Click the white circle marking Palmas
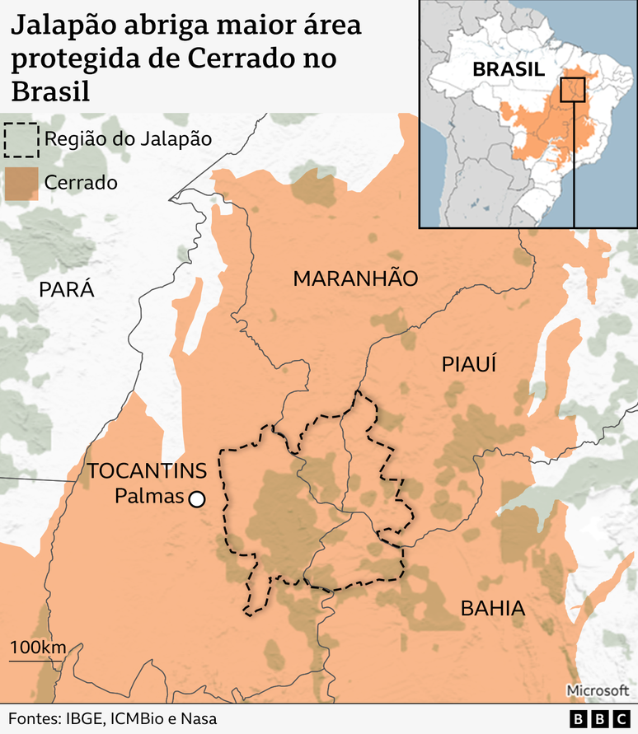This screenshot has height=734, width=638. [196, 498]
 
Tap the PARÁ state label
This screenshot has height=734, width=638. [67, 289]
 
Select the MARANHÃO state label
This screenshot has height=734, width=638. [355, 278]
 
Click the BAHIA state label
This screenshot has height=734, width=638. [492, 609]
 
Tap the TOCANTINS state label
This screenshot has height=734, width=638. [147, 471]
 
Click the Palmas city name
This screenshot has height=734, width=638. [148, 498]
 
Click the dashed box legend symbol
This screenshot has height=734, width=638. [21, 139]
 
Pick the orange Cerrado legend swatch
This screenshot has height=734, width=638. [21, 183]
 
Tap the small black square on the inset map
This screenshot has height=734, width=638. [572, 89]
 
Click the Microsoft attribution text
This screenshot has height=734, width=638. [597, 690]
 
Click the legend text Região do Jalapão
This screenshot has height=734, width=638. [129, 138]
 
